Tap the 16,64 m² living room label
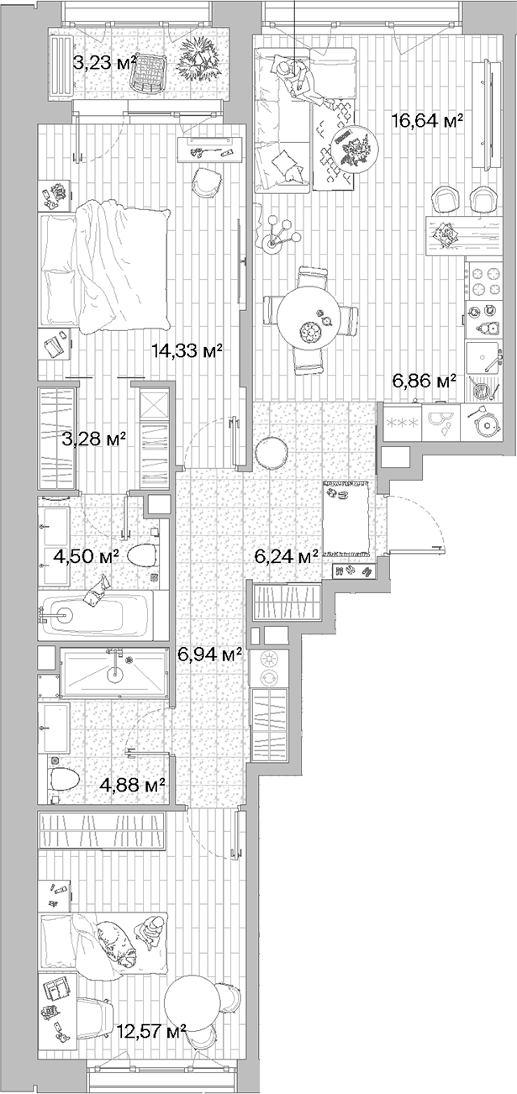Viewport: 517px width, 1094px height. point(428,121)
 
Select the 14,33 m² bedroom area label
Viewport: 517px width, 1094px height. point(187,351)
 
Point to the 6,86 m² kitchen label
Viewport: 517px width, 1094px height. point(424,381)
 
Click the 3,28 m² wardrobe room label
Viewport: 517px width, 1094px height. point(95,438)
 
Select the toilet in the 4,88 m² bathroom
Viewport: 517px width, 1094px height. point(64,779)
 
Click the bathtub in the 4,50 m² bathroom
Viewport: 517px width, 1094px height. point(95,615)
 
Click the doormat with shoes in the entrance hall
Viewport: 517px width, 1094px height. point(347,521)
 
